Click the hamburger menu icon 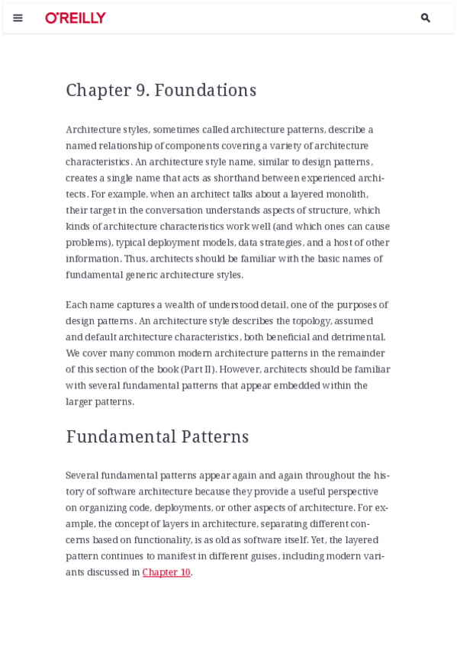18,18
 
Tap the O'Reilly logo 76,18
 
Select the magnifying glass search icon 425,18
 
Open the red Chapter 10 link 166,572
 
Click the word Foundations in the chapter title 205,90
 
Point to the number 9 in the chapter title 143,90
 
